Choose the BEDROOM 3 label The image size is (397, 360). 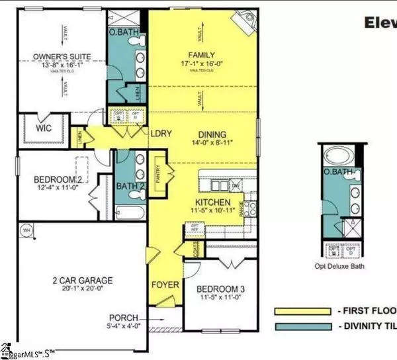pyautogui.click(x=217, y=289)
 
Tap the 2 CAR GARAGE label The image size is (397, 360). pyautogui.click(x=79, y=281)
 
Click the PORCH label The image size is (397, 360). pyautogui.click(x=124, y=316)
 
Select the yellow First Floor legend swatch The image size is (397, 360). pyautogui.click(x=302, y=311)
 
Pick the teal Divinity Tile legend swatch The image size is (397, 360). pyautogui.click(x=302, y=325)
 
